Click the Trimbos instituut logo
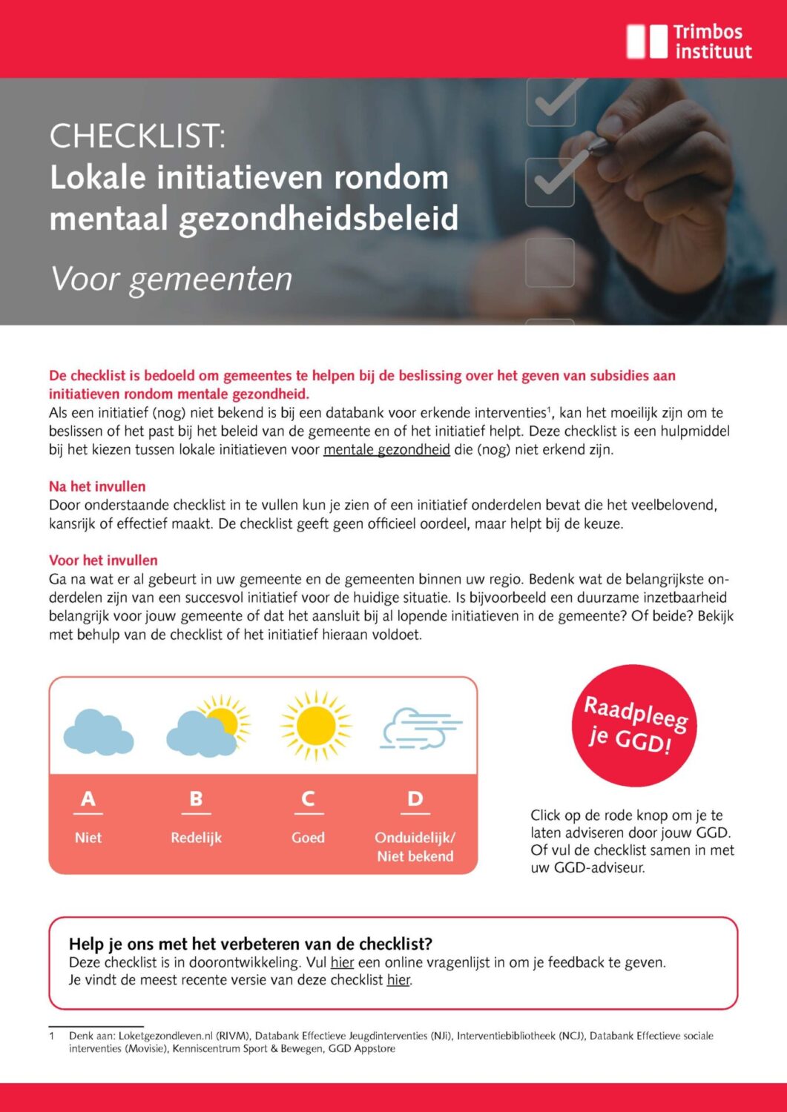pos(689,42)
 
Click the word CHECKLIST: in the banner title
pos(137,136)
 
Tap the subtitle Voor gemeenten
pos(171,279)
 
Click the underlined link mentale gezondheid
pos(386,450)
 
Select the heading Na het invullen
pos(97,487)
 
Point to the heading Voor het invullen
pos(103,560)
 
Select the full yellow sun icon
pos(315,726)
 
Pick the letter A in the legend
pos(88,799)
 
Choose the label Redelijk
pos(196,838)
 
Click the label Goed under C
pos(308,838)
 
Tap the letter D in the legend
pos(415,799)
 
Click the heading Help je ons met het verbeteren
pos(251,944)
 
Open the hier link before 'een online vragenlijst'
pos(342,963)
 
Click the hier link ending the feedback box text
pos(398,980)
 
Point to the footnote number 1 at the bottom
pos(52,1036)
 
